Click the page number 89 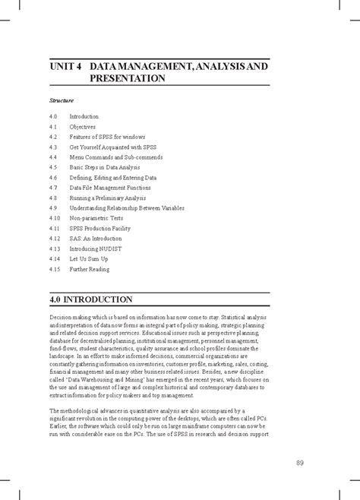[300, 463]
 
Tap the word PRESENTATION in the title [127, 78]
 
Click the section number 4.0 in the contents [53, 116]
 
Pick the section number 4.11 [55, 228]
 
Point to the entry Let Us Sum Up [90, 259]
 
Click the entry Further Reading [90, 269]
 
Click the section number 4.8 [53, 198]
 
